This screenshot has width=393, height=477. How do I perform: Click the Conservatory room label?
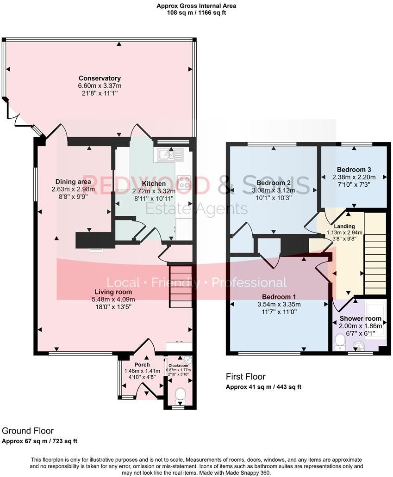pos(100,78)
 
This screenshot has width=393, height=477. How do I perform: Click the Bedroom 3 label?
pos(354,169)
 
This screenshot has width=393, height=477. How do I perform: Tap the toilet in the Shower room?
pos(340,342)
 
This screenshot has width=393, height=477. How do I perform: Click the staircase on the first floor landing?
pos(375,254)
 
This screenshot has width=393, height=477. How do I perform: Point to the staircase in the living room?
pos(180,287)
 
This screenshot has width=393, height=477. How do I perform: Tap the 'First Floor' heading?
pos(245,377)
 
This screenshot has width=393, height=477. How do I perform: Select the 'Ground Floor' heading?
pos(28,431)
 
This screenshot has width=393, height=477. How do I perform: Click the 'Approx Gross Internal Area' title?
pos(196,6)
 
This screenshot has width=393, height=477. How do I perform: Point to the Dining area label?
pos(73,181)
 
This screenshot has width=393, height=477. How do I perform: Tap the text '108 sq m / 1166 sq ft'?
pos(196,12)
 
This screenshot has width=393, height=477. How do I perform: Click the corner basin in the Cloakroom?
pos(187,360)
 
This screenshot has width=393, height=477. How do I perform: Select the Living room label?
pos(113,292)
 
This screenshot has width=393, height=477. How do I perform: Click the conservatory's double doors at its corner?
pos(19,116)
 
